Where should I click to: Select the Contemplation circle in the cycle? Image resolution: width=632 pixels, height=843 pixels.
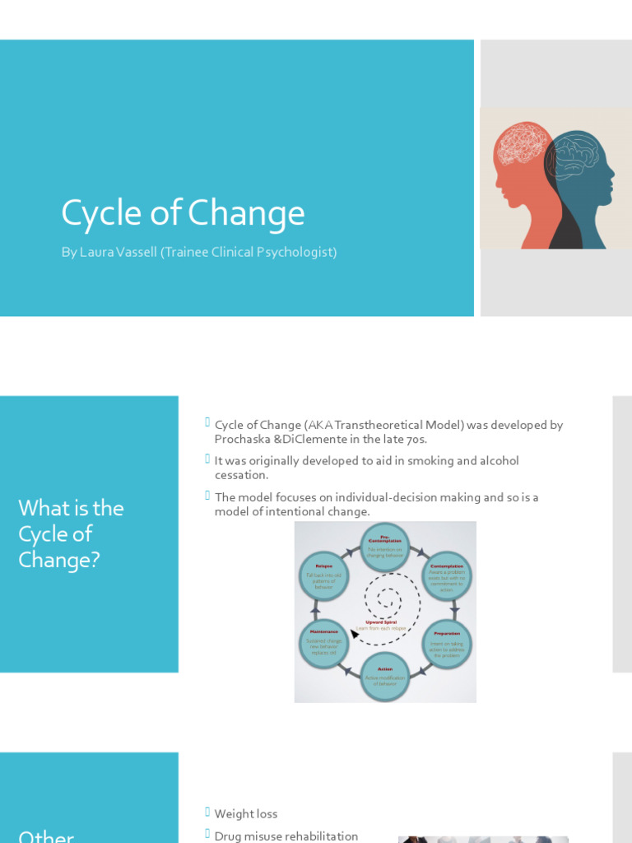click(x=447, y=576)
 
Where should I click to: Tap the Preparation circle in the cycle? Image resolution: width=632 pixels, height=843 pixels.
click(x=447, y=645)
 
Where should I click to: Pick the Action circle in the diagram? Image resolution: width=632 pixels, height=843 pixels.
click(x=385, y=676)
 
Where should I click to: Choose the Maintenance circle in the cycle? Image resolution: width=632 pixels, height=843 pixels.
click(x=323, y=644)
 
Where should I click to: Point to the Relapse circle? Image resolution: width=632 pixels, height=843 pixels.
click(x=323, y=575)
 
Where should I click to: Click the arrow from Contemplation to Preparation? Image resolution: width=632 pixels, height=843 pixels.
click(x=454, y=611)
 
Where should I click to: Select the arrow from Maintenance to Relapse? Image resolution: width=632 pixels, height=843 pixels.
click(x=315, y=610)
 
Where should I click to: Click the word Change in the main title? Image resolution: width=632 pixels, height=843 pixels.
click(x=246, y=213)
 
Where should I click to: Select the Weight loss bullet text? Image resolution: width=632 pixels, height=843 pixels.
click(x=246, y=813)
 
